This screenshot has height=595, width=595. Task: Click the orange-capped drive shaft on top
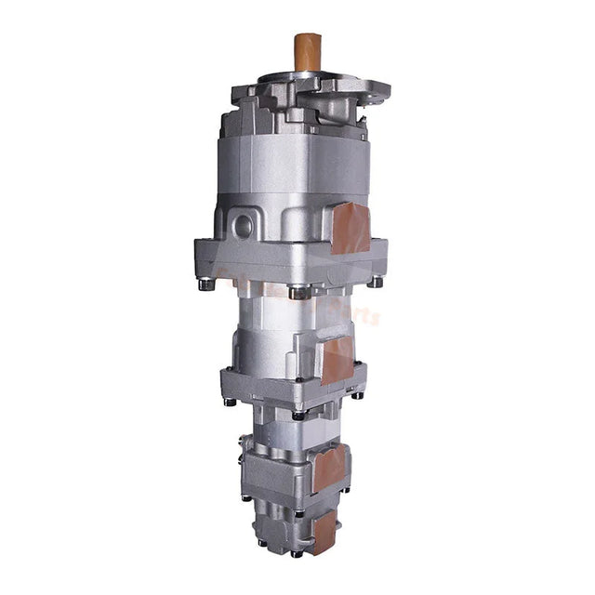point(308,52)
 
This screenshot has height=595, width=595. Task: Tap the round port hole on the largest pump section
point(243,225)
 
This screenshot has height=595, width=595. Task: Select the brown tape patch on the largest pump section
point(350,228)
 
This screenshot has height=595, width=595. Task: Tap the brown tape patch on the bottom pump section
point(324,530)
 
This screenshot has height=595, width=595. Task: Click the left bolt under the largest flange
point(206,284)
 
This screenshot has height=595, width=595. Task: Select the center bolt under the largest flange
point(298,292)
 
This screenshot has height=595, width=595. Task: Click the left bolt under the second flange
point(229,402)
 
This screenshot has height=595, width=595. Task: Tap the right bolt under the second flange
point(356,395)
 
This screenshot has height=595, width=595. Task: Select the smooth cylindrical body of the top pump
point(293,167)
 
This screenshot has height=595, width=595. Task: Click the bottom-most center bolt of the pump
point(296,554)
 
